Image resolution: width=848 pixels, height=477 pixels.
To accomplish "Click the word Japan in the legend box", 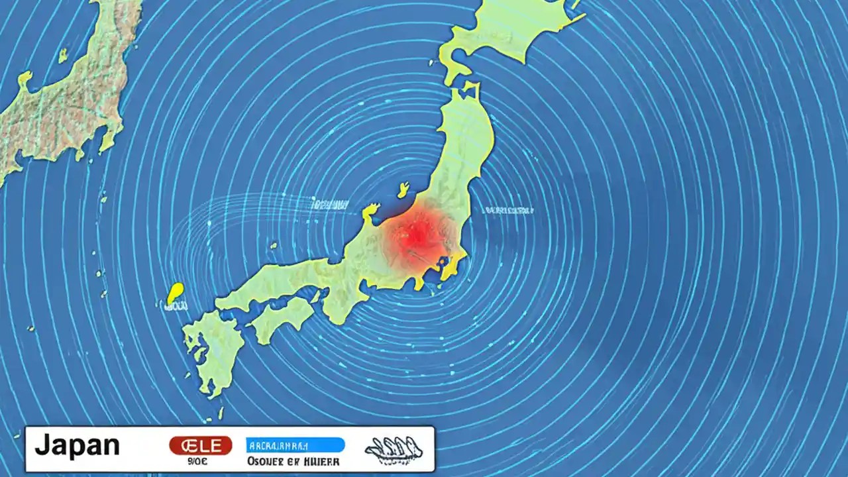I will [x=77, y=446].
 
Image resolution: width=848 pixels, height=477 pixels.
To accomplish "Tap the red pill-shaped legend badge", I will [x=201, y=445].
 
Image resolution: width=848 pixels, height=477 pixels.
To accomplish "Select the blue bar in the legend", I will [x=295, y=445].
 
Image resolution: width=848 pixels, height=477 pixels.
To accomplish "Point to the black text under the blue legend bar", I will [x=293, y=461].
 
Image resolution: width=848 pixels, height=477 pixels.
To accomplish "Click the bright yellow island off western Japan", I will [x=176, y=292].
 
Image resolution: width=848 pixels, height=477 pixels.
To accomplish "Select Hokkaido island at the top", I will [x=510, y=33].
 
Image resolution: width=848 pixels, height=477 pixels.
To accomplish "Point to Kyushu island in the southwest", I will [x=213, y=351].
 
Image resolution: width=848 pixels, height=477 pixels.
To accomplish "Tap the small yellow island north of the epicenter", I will [x=403, y=190].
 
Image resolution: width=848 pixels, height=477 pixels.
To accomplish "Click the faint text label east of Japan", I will [x=508, y=210].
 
